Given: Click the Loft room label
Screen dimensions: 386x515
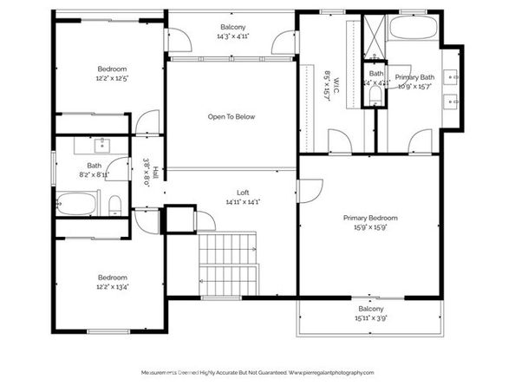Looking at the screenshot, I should (x=231, y=193).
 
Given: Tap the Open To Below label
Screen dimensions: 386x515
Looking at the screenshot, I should (x=231, y=116).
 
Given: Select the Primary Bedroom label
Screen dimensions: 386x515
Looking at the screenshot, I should (x=370, y=218).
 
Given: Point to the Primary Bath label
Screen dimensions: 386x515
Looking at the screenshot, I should (x=414, y=77).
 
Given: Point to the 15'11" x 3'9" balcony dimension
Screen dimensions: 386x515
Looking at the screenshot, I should (x=370, y=318).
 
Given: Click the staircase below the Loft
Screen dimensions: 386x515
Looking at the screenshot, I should (x=228, y=263).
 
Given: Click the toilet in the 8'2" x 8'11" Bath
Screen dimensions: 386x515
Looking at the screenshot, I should (x=115, y=205).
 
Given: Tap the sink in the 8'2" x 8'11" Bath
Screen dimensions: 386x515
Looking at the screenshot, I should (x=102, y=143).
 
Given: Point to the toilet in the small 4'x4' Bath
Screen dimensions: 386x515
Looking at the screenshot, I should (x=375, y=97).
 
